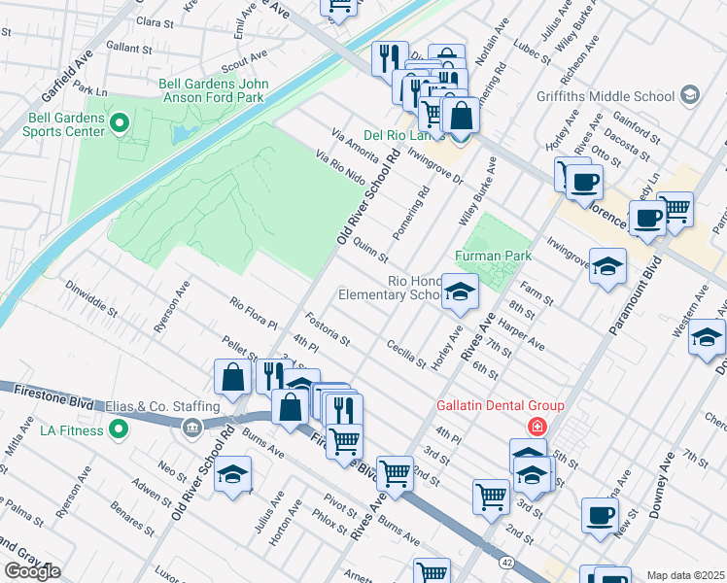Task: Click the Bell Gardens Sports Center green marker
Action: click(120, 123)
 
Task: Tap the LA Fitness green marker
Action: click(120, 429)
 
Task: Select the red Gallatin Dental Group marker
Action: click(535, 427)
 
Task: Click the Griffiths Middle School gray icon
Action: click(690, 96)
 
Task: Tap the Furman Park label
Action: click(493, 257)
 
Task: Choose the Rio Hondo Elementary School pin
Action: click(460, 291)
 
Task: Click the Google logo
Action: click(31, 571)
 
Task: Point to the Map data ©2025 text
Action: click(685, 575)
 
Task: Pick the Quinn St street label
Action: click(370, 251)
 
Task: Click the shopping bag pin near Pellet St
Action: click(233, 379)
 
